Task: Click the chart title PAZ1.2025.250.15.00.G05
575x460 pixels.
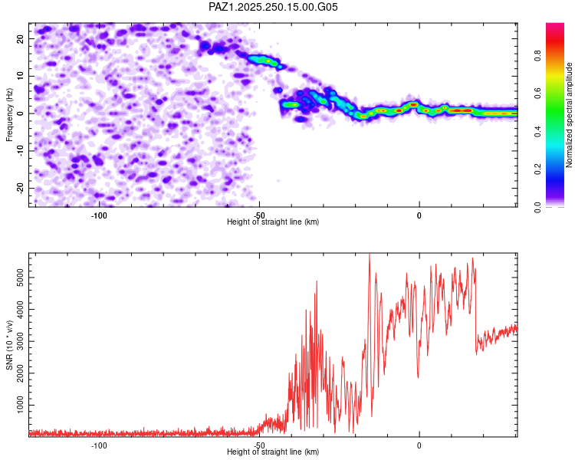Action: tap(273, 7)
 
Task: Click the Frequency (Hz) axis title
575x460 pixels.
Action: tap(10, 114)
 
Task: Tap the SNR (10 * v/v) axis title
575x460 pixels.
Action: tap(10, 344)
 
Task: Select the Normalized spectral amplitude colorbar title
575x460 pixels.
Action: tap(570, 115)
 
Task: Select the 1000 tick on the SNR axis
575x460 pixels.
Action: tap(16, 404)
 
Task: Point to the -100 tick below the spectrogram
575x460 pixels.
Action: tap(99, 215)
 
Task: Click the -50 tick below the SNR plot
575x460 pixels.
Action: tap(259, 445)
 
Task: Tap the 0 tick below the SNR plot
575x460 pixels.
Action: tap(419, 445)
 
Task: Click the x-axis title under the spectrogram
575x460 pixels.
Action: tap(273, 222)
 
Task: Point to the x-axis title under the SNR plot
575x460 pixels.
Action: tap(273, 452)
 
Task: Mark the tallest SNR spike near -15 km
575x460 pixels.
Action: tap(370, 255)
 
